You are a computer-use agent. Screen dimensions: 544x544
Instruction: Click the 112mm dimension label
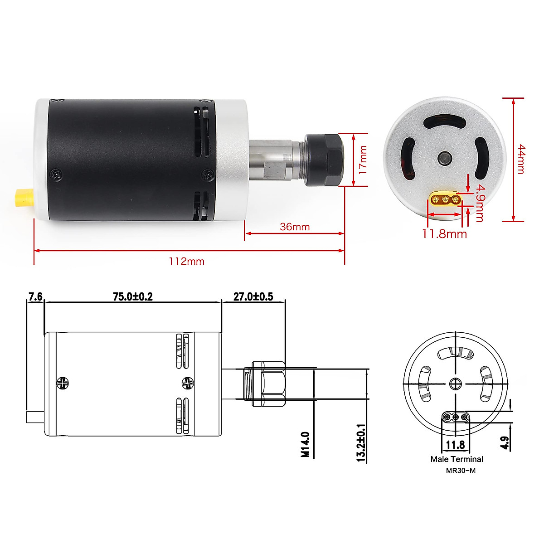(186, 261)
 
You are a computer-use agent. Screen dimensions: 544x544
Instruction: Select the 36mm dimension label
(294, 226)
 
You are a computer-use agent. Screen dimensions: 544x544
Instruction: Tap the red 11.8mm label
(444, 234)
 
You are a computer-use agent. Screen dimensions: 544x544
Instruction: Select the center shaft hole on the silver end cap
(444, 159)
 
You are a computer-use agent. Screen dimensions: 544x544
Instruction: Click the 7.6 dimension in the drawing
(35, 296)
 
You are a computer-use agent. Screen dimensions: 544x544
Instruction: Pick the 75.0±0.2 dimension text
(133, 296)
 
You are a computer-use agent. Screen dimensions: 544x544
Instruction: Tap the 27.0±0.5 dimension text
(253, 296)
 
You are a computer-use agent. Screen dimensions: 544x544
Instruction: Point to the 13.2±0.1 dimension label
(361, 443)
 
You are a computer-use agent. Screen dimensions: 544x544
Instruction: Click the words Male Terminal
(457, 459)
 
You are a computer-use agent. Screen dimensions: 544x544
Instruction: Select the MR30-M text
(461, 470)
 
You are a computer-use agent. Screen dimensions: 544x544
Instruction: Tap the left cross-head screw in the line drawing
(63, 383)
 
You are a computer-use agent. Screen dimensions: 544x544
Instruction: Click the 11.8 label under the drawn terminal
(455, 445)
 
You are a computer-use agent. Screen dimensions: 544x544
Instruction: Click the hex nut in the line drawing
(268, 383)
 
